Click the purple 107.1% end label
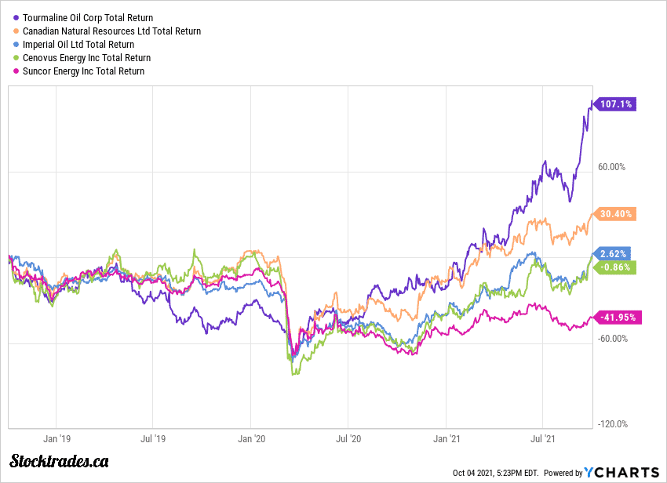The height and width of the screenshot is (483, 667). (x=616, y=103)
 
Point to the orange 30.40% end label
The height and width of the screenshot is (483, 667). (x=616, y=213)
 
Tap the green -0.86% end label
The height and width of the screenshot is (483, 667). (x=616, y=267)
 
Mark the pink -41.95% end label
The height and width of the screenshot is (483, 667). (x=619, y=318)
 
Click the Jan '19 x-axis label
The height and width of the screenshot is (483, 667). (x=56, y=441)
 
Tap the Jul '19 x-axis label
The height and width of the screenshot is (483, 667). (x=154, y=441)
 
